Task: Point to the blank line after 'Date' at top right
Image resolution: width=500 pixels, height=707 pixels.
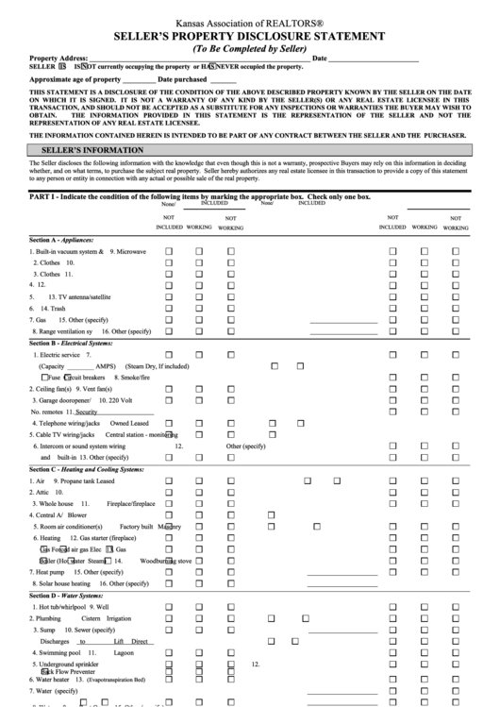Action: pos(377,59)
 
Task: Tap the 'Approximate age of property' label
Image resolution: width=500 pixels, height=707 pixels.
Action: pos(75,80)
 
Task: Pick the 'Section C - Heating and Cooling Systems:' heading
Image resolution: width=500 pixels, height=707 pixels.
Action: pos(86,469)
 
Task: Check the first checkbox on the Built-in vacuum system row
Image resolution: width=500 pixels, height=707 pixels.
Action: pos(170,253)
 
